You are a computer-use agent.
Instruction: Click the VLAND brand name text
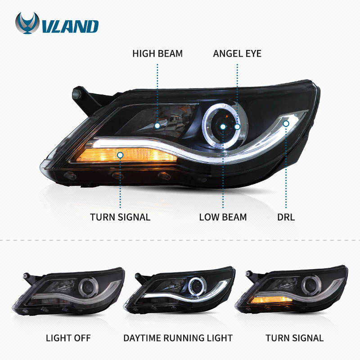[70, 26]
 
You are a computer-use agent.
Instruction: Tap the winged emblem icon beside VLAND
[27, 24]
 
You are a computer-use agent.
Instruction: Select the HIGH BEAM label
[157, 54]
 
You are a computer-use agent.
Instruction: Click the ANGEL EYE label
[237, 54]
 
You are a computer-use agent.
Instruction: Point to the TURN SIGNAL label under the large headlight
[120, 217]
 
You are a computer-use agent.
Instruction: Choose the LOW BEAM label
[223, 217]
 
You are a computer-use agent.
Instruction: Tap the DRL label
[286, 217]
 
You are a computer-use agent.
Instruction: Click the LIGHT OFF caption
[68, 337]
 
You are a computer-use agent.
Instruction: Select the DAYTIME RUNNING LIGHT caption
[178, 337]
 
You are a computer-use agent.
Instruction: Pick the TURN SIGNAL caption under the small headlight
[294, 337]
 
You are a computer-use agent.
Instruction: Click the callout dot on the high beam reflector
[157, 126]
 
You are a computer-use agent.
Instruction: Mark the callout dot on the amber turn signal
[120, 155]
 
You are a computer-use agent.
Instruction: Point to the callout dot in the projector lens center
[223, 127]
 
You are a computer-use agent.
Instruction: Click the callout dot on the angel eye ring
[237, 127]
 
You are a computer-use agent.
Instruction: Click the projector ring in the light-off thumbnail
[86, 286]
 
